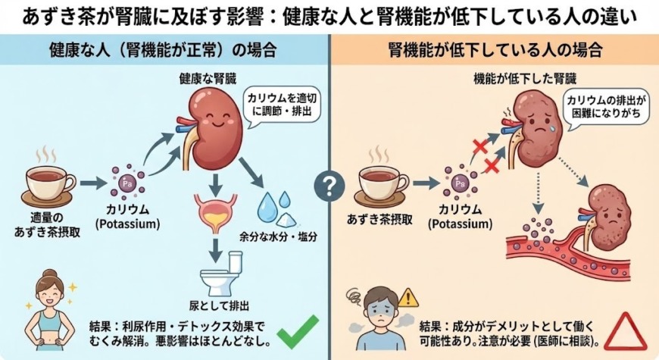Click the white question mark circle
coord(329,184)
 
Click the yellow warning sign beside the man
coord(408,296)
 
